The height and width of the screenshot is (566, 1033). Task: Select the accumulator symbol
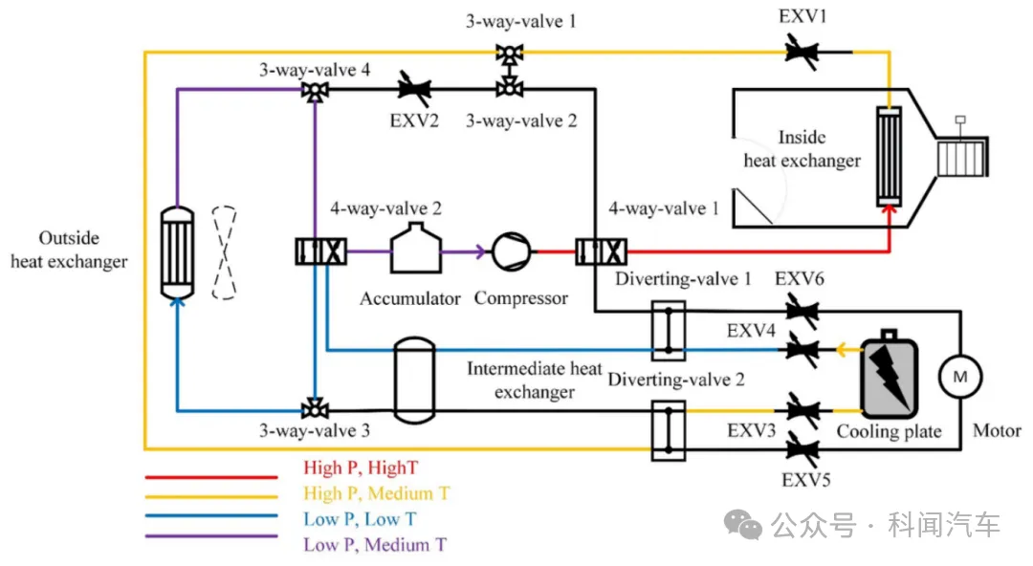pos(413,250)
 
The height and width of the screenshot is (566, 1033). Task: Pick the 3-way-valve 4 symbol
pos(313,91)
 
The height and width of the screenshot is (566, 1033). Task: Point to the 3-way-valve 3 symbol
pos(313,410)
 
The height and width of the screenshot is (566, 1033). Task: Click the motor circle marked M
pos(957,378)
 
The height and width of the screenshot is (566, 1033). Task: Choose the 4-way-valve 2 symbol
pos(319,252)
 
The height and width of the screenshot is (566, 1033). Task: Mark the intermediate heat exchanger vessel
pos(415,381)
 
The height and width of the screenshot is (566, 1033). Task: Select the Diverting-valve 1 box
pos(668,331)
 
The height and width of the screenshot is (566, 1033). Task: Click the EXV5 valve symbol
pos(802,446)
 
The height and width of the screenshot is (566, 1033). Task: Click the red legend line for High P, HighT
pos(210,476)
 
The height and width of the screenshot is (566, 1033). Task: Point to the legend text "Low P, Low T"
pos(360,519)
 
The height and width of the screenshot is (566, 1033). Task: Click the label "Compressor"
pos(521,298)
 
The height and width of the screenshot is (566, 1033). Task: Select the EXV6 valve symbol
pos(802,311)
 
